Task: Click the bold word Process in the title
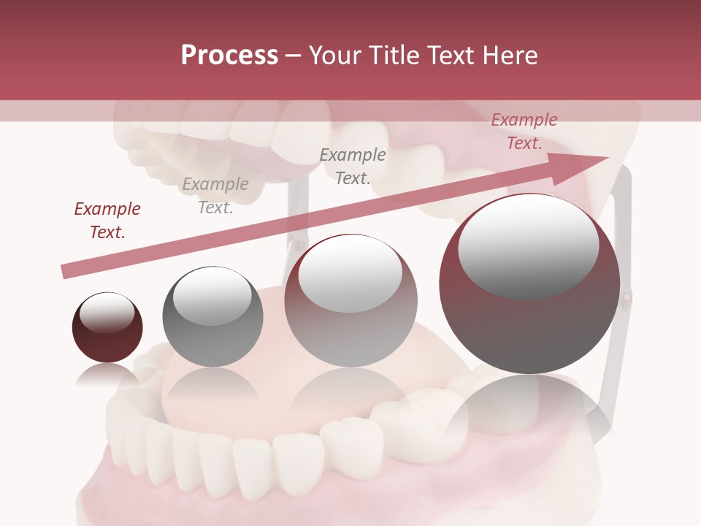pyautogui.click(x=229, y=56)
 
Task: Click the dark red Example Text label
pyautogui.click(x=107, y=220)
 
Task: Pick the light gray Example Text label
pyautogui.click(x=215, y=195)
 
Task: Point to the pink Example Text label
pyautogui.click(x=524, y=131)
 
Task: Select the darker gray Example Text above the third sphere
pyautogui.click(x=353, y=166)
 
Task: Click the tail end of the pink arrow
pyautogui.click(x=66, y=272)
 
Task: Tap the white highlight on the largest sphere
pyautogui.click(x=528, y=245)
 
